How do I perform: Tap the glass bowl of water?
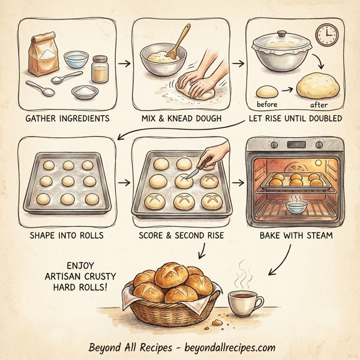76,59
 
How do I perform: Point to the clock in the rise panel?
327,35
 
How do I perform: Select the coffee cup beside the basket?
244,304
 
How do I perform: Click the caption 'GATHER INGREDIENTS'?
67,118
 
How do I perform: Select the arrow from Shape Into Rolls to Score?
124,181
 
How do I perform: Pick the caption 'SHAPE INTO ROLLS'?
67,235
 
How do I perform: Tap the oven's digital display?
297,145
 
